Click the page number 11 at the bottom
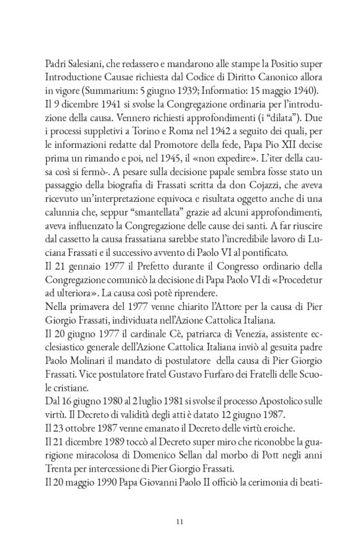179,521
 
